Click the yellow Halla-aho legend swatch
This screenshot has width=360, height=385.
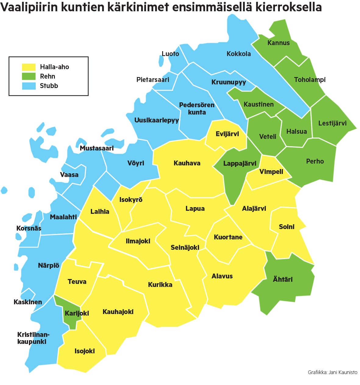pyautogui.click(x=29, y=67)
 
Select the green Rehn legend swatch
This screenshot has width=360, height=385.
pyautogui.click(x=29, y=76)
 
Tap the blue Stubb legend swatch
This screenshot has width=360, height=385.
pyautogui.click(x=29, y=86)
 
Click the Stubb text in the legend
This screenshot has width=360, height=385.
pyautogui.click(x=49, y=86)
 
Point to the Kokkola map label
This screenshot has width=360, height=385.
pyautogui.click(x=239, y=54)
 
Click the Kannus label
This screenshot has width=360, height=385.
pyautogui.click(x=278, y=43)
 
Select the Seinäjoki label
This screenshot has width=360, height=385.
pyautogui.click(x=185, y=247)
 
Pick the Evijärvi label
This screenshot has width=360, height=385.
pyautogui.click(x=227, y=134)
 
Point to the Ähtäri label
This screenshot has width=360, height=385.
pyautogui.click(x=283, y=279)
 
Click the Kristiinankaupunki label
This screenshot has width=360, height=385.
pyautogui.click(x=33, y=338)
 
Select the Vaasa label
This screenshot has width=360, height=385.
pyautogui.click(x=69, y=175)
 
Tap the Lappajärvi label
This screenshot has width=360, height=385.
pyautogui.click(x=240, y=164)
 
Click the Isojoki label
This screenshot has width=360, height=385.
pyautogui.click(x=84, y=351)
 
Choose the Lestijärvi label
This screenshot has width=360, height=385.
pyautogui.click(x=332, y=123)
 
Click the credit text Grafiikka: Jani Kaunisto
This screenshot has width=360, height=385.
pyautogui.click(x=332, y=372)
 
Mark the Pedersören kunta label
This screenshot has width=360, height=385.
pyautogui.click(x=197, y=108)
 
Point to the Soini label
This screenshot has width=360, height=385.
pyautogui.click(x=287, y=227)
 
